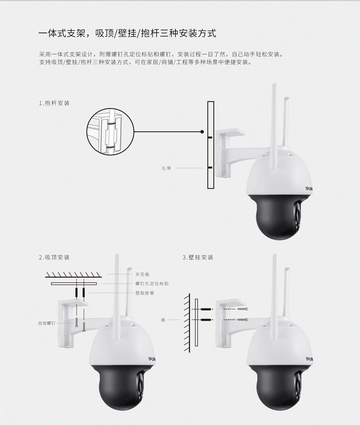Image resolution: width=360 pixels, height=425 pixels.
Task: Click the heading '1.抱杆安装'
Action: click(54, 103)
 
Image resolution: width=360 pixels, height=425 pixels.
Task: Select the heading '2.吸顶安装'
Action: click(54, 257)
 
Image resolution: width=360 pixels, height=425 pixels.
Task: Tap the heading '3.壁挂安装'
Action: click(198, 257)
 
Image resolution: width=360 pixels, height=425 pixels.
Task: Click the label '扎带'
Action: click(167, 168)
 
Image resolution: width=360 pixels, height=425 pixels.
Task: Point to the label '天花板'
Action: click(143, 274)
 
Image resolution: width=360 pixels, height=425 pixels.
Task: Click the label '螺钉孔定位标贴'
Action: click(152, 283)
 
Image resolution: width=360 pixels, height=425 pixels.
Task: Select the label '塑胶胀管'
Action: click(145, 293)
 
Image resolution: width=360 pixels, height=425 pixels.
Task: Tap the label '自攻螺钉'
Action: click(47, 323)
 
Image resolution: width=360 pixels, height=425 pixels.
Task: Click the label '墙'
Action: click(163, 320)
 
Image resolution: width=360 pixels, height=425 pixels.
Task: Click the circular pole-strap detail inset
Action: click(110, 132)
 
